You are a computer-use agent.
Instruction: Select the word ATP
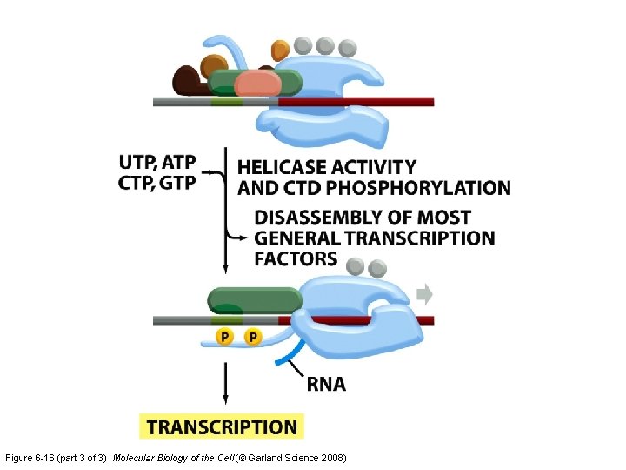179,162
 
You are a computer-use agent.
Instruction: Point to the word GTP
179,182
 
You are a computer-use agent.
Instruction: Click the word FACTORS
296,258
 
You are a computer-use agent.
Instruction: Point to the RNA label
325,384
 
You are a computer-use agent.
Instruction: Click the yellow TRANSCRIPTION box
222,426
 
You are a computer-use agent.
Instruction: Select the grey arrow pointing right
424,294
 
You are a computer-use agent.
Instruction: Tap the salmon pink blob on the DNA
256,84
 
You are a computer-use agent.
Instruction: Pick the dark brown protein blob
187,81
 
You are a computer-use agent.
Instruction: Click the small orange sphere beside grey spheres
280,50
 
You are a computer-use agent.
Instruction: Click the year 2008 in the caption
334,457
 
